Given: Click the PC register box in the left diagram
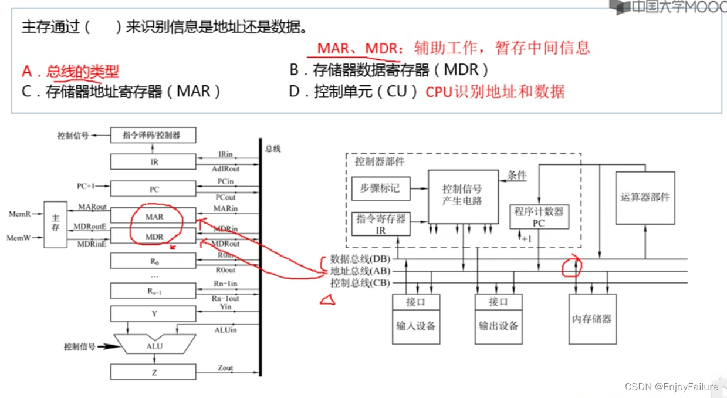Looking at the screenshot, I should coord(154,190).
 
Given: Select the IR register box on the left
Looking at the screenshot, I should coord(154,162).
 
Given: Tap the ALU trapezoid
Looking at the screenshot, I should coord(155,346).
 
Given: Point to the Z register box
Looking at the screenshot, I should coord(154,372).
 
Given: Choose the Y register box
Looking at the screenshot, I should coord(154,314).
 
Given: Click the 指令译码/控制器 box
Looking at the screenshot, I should coord(153,136).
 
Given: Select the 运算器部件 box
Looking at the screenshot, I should coord(644,198).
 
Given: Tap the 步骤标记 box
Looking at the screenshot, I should coord(380,188).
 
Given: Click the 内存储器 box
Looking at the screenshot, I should coord(592,319).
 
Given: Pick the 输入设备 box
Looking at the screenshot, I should coord(415,326).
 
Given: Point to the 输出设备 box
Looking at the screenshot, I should coord(498,326).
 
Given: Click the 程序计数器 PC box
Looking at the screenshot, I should coord(539,217).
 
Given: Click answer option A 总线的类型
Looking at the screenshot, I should coord(70,72).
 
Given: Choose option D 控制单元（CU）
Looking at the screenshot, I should coord(354,92).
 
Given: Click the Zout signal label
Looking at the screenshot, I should coord(225,368).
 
